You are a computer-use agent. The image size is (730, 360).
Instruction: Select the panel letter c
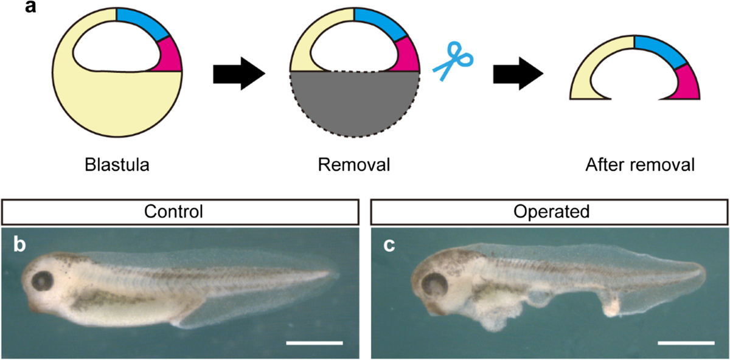pos(390,245)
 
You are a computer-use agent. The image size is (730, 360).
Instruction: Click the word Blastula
pos(117,164)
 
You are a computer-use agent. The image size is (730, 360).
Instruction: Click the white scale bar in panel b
pos(314,344)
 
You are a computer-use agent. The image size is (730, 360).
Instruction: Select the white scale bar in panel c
pos(686,344)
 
